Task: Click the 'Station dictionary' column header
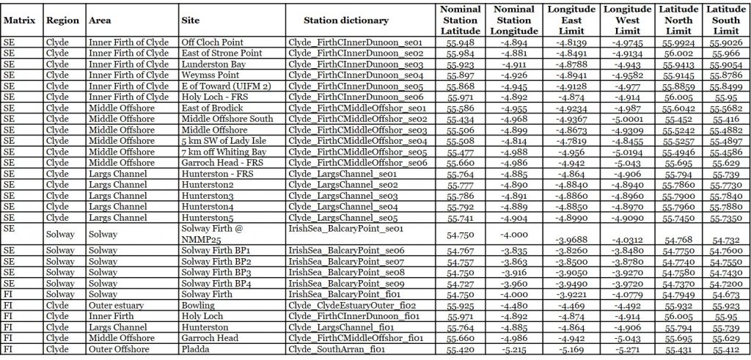pyautogui.click(x=345, y=21)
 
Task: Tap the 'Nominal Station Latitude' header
pyautogui.click(x=461, y=21)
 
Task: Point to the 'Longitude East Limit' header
pyautogui.click(x=572, y=21)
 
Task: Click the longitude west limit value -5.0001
pyautogui.click(x=627, y=119)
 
